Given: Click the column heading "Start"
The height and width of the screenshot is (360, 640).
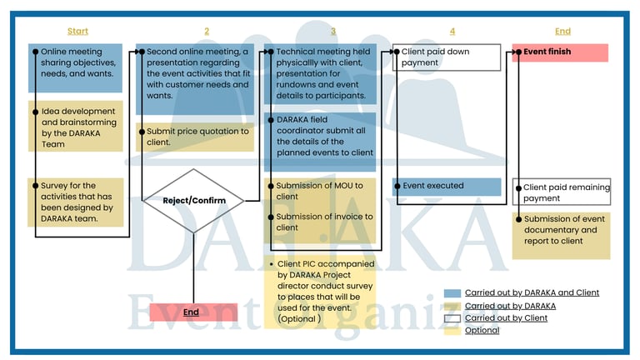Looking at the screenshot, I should click(77, 32).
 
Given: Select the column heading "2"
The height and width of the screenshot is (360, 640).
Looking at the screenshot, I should click(207, 32).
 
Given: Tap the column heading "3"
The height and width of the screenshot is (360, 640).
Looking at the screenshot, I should click(333, 32).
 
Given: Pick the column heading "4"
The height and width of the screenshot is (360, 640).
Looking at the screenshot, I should click(452, 32).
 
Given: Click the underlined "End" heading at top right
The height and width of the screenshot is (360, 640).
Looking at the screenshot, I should click(563, 32).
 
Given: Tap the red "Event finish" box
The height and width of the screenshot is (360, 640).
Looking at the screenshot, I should click(560, 52).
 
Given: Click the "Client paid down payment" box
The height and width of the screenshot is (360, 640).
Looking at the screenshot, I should click(447, 57).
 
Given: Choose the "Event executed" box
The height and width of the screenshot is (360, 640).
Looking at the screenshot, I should click(447, 186).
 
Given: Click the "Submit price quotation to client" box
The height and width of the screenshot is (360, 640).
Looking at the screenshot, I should click(197, 137).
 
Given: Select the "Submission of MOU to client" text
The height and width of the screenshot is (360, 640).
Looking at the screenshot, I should click(320, 191).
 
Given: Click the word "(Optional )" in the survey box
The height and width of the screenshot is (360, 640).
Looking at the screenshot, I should click(298, 319).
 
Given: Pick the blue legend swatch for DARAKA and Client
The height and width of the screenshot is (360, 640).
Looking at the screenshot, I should click(452, 293).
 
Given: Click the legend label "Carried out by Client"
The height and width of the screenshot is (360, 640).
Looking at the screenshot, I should click(506, 317).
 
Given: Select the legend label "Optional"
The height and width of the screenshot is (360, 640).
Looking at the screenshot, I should click(482, 330).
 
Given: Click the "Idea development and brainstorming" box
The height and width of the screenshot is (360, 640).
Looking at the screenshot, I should click(76, 127).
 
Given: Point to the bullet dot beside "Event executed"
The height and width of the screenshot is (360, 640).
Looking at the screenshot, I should click(397, 186).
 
